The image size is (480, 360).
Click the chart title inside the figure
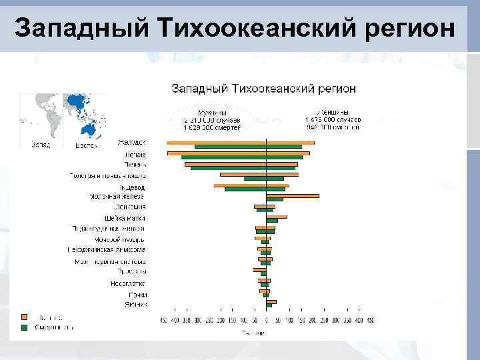(263, 89)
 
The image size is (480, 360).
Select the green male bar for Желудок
(230, 147)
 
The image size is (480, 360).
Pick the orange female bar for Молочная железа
(292, 196)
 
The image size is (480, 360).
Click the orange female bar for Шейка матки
(276, 217)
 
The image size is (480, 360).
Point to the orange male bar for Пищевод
(239, 185)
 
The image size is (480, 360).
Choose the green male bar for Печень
(228, 168)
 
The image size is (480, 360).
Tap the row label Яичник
(135, 304)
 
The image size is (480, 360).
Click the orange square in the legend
(25, 317)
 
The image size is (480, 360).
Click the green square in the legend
(25, 327)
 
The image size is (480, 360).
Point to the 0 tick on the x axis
(265, 321)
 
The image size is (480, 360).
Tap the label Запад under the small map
(40, 145)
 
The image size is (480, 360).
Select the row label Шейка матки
(125, 218)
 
